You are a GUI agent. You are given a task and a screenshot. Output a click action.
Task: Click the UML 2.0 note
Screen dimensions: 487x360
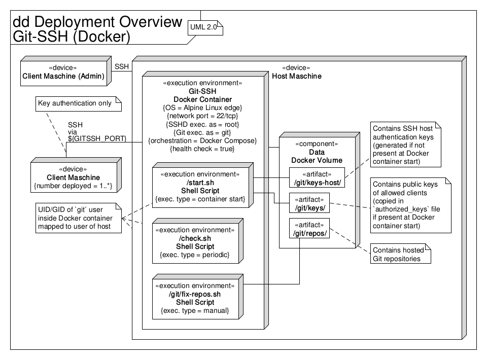[x=205, y=27]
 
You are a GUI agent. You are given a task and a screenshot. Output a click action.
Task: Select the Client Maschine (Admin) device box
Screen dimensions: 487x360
[x=66, y=71]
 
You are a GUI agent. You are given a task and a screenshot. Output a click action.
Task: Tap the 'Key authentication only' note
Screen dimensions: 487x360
[x=79, y=103]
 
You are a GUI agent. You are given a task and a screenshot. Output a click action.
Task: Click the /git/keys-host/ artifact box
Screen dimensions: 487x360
[x=317, y=177]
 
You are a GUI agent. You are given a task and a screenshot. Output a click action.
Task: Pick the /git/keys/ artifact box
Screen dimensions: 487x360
[x=309, y=203]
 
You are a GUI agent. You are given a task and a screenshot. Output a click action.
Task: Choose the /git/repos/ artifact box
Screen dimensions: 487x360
[x=309, y=228]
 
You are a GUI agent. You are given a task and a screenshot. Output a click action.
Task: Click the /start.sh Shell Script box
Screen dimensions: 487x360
[x=203, y=185]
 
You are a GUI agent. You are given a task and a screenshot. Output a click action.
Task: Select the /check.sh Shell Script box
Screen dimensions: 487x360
[x=198, y=241]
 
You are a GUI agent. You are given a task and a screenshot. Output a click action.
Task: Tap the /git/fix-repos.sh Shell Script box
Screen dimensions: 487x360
[x=198, y=297]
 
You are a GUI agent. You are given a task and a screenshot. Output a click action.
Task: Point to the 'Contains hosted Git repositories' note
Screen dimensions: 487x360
[x=401, y=254]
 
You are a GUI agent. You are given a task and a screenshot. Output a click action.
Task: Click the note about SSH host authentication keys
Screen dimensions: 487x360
[x=406, y=145]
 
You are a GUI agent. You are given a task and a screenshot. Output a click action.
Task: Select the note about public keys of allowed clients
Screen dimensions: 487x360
[x=410, y=205]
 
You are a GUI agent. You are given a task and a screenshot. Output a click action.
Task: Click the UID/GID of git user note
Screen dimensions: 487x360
[x=79, y=218]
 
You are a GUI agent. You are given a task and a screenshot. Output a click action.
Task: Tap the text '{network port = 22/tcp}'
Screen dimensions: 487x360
[x=202, y=116]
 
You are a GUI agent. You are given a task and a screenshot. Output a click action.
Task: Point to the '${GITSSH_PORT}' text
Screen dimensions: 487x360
[x=97, y=138]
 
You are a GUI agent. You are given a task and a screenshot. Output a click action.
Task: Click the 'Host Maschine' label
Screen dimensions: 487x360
[x=297, y=77]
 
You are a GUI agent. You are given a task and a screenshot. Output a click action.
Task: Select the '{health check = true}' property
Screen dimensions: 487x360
[x=202, y=149]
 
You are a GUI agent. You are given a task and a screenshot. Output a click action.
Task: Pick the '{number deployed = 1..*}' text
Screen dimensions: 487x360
[x=73, y=186]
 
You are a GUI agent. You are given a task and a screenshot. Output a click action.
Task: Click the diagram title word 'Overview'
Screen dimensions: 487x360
[x=151, y=22]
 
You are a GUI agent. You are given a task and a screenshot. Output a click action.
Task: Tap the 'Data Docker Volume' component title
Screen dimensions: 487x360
[x=317, y=156]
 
